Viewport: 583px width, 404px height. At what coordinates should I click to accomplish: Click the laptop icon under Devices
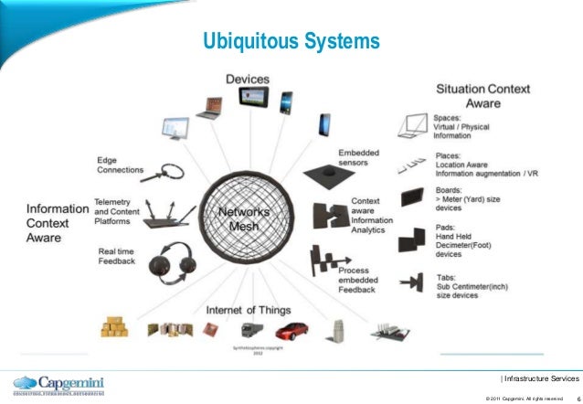[x=210, y=106]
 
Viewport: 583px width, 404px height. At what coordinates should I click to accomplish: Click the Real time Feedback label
[x=116, y=256]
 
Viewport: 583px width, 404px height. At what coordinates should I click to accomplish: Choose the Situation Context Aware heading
[x=482, y=96]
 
